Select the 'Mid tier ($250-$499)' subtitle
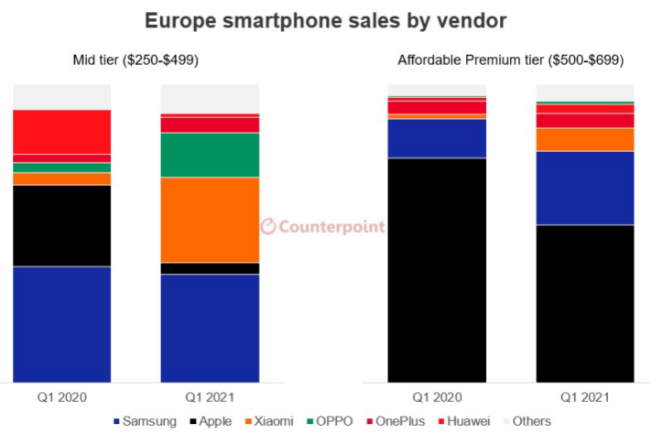(136, 60)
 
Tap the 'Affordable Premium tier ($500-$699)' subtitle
(510, 60)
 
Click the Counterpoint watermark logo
(322, 226)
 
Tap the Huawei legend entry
(464, 420)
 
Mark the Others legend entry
(526, 420)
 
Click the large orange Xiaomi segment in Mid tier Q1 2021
(210, 220)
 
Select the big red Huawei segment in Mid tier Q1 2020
(61, 132)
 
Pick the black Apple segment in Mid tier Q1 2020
(61, 225)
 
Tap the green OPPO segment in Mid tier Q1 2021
(210, 155)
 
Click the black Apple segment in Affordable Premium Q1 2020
(437, 270)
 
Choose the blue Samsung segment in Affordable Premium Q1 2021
(585, 188)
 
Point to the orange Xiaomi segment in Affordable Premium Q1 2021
(585, 139)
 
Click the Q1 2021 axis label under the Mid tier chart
(210, 397)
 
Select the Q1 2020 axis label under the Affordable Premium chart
(437, 397)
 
